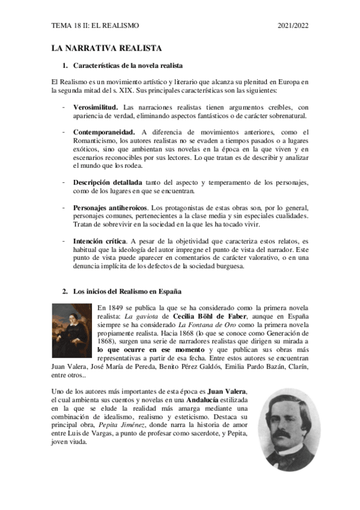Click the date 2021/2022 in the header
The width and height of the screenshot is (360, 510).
(x=293, y=25)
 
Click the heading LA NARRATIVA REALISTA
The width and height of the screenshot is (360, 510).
(x=106, y=48)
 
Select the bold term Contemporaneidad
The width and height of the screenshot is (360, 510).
(x=104, y=132)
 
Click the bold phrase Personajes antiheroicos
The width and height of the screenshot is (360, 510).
(x=111, y=207)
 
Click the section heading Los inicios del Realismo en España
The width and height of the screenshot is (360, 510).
(x=127, y=292)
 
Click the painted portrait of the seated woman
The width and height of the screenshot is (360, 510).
(x=72, y=330)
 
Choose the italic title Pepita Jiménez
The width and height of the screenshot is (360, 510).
(x=124, y=425)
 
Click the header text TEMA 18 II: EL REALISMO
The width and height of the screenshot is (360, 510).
(x=95, y=25)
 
